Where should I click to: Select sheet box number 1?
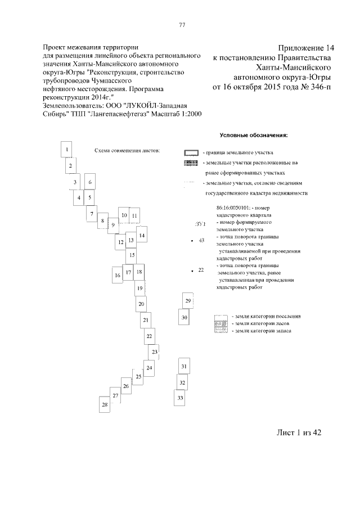[67, 150]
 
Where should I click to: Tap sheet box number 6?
[89, 182]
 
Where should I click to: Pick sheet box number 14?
[142, 236]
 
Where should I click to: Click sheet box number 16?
[118, 276]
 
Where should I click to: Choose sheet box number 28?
[104, 405]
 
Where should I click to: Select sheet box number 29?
[188, 301]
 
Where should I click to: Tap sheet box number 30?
[184, 318]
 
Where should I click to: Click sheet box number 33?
[180, 398]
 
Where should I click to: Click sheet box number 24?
[149, 368]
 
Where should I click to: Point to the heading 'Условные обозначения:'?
[253, 135]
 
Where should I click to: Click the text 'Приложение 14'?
[306, 47]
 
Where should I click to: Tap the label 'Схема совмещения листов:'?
[127, 151]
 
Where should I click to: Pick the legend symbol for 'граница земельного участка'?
[191, 153]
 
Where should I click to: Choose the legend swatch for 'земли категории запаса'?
[222, 331]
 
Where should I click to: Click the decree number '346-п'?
[318, 87]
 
